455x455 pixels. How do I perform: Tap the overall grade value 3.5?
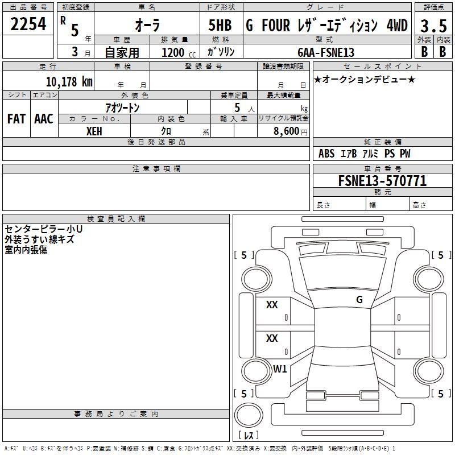(x=432, y=26)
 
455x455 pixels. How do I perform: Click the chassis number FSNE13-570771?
(x=382, y=181)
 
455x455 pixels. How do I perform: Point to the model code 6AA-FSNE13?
(x=325, y=52)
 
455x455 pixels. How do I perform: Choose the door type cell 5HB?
(x=220, y=26)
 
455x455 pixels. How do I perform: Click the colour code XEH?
(x=94, y=131)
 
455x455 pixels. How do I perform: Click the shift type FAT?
(x=16, y=119)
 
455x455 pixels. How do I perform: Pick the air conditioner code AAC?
(x=43, y=119)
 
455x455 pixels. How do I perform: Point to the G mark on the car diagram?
(x=359, y=300)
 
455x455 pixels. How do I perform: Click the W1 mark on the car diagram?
(x=280, y=369)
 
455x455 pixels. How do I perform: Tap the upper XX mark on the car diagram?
(x=272, y=305)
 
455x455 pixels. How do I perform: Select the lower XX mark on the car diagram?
(x=272, y=338)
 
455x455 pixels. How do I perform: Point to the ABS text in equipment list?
(x=326, y=154)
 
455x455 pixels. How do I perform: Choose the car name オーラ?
(x=147, y=26)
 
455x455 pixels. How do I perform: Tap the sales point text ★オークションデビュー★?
(x=365, y=79)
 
